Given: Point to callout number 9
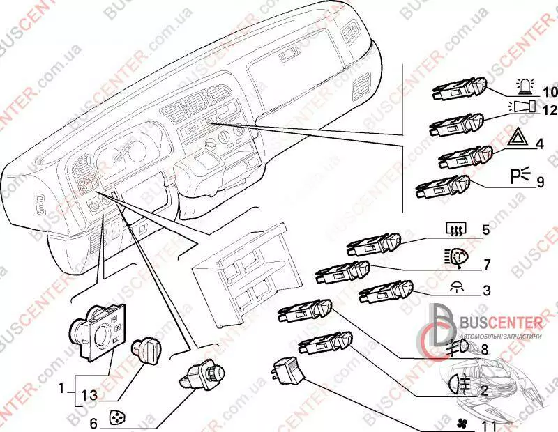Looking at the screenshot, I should tap(540, 183).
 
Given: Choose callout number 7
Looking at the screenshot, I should tap(488, 264).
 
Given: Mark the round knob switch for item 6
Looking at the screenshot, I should tap(196, 376).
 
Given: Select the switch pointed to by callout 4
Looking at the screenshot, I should tap(463, 157).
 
